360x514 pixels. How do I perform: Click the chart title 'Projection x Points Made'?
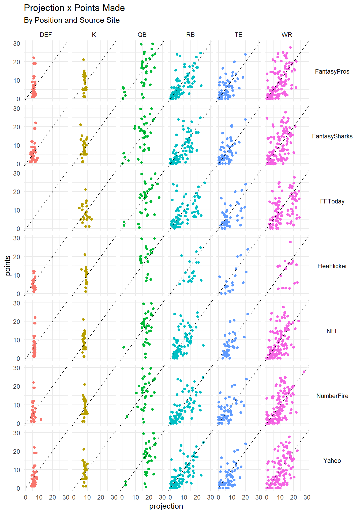point(74,8)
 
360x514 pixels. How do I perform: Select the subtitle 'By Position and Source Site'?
point(72,20)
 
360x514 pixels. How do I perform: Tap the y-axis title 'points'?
point(8,265)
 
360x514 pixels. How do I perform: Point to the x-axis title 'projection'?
point(166,506)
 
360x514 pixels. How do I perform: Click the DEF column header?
point(46,35)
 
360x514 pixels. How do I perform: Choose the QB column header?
point(142,35)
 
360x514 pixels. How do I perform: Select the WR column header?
point(287,35)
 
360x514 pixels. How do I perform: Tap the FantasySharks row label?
point(332,136)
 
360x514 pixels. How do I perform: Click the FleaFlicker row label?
point(332,266)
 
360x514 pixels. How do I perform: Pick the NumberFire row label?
point(332,396)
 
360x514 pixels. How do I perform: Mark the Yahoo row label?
point(332,461)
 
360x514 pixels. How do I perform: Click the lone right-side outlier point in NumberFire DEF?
point(41,419)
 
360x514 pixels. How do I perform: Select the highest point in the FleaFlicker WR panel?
point(290,242)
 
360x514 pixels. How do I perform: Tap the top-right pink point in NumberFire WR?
point(304,372)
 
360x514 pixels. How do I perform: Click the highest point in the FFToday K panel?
point(85,190)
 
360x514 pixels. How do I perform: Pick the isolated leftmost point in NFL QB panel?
point(124,347)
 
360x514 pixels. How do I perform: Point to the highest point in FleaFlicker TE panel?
point(248,249)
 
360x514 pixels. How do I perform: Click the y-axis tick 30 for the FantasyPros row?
point(17,43)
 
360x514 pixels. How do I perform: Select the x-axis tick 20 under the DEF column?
point(52,497)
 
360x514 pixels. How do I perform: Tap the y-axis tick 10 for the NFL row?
point(17,340)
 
